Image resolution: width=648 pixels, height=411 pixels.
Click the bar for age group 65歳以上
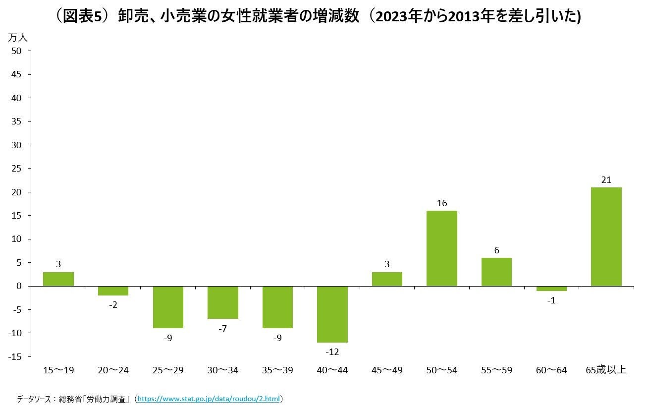(606, 236)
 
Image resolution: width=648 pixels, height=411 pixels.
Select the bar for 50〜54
(441, 248)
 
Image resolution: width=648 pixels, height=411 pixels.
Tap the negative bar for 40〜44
(332, 314)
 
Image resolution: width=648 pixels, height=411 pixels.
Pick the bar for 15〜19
(58, 279)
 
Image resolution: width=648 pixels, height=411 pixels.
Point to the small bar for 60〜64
(551, 289)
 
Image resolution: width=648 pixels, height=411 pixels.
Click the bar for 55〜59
(496, 272)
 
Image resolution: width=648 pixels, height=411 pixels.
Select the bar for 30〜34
(223, 302)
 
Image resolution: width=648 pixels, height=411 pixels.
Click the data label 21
(606, 180)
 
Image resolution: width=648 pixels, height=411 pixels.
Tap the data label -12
(332, 352)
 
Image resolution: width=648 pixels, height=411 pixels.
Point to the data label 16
(442, 203)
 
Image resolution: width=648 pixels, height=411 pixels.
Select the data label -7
(222, 328)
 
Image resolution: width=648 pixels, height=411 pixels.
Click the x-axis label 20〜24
(113, 370)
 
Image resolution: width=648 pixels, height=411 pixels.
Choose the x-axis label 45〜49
(387, 370)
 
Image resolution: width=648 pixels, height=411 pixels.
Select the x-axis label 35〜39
(277, 370)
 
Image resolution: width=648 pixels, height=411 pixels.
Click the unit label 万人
(18, 37)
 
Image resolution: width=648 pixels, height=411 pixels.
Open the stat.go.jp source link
(209, 399)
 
